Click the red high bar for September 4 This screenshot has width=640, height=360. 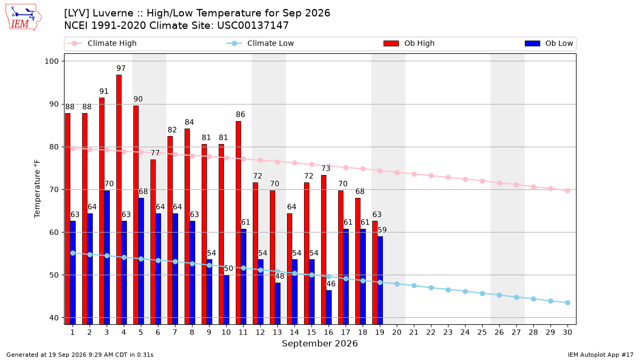tap(119, 199)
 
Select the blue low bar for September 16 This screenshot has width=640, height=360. tap(329, 307)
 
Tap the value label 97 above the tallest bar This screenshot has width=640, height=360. tap(121, 68)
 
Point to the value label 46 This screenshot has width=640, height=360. tap(331, 284)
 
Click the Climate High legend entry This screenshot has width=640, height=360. tap(101, 43)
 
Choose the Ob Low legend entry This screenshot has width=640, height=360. tap(549, 43)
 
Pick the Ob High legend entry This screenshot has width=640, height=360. tap(409, 43)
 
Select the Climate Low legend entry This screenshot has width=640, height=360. tap(260, 43)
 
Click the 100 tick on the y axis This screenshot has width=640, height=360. tap(51, 61)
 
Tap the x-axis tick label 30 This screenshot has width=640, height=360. tap(567, 332)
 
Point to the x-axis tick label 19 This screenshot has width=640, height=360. tap(380, 332)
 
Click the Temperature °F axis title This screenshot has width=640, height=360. tap(37, 189)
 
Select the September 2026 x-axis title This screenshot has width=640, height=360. tap(319, 343)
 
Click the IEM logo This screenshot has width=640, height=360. tap(23, 18)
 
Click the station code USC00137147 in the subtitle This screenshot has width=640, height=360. tap(253, 26)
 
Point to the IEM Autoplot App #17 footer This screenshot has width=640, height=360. tap(601, 355)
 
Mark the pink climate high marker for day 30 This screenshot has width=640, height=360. tap(567, 190)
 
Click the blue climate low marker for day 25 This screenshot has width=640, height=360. tap(482, 293)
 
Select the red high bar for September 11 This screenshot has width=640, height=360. tap(238, 223)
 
